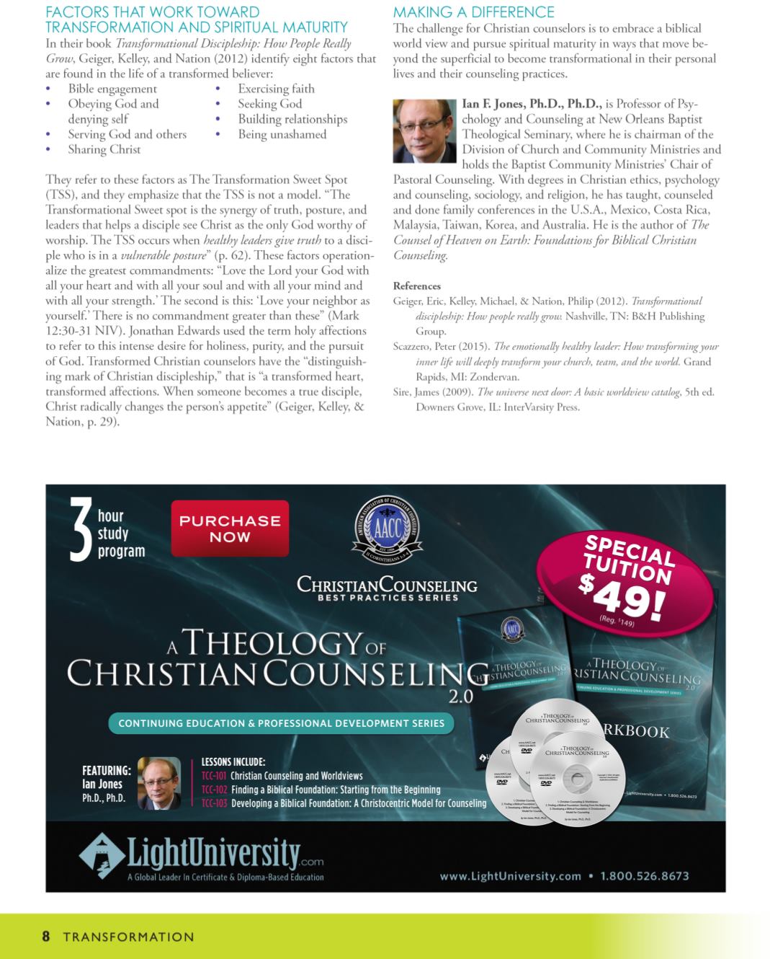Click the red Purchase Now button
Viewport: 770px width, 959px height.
pos(230,529)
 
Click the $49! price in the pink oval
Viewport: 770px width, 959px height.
pos(621,593)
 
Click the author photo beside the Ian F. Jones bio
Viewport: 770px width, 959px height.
pos(424,131)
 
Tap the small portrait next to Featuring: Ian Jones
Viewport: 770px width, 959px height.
pos(159,783)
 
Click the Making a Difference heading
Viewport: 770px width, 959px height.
pos(473,12)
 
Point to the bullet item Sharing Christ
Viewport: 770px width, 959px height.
pos(104,149)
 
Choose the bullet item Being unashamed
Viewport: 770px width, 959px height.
pos(282,134)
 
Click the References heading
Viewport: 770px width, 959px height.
pos(416,286)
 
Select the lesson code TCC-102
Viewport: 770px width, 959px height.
pos(214,790)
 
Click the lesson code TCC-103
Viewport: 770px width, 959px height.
pos(214,803)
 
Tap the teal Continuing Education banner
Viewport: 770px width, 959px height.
pos(281,723)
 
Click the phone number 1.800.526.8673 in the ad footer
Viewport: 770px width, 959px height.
pos(645,876)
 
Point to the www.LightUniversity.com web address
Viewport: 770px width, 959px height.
pos(510,876)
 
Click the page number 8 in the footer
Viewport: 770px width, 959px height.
pos(46,937)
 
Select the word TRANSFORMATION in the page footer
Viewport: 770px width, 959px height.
pos(128,937)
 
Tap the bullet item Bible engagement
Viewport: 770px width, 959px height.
pos(112,89)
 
